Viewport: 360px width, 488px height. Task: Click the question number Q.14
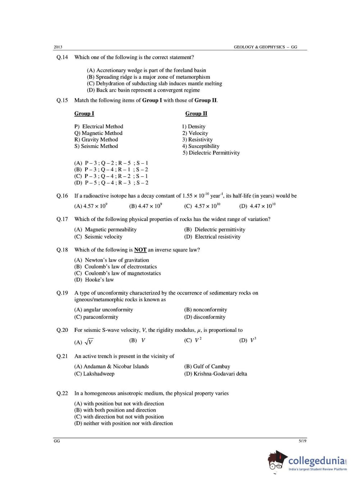click(x=62, y=57)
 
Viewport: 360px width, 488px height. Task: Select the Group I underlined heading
click(x=84, y=113)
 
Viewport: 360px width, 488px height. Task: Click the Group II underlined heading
click(x=196, y=113)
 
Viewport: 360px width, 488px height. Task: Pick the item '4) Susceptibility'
click(x=201, y=146)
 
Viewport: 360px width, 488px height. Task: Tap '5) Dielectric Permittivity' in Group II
click(x=211, y=153)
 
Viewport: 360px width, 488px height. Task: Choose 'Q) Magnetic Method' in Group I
click(x=98, y=133)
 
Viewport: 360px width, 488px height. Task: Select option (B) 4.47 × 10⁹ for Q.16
click(x=145, y=206)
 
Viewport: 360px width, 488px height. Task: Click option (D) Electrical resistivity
click(x=212, y=237)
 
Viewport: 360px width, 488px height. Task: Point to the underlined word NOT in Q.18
click(x=140, y=250)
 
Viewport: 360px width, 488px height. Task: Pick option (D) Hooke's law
click(x=94, y=280)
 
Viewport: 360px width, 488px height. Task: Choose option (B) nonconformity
click(x=205, y=309)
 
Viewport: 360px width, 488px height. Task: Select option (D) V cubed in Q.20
click(x=248, y=340)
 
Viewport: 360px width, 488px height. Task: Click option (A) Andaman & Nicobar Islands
click(x=111, y=366)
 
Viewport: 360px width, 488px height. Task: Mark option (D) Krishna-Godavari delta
click(x=215, y=374)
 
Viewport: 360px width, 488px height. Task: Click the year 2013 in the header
click(x=58, y=47)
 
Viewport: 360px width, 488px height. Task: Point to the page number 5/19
click(x=302, y=441)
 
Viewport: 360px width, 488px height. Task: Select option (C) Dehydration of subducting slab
click(x=154, y=83)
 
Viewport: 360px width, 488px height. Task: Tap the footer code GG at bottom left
click(x=57, y=441)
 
